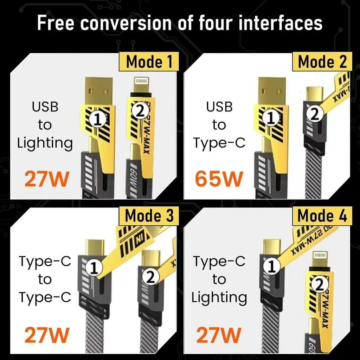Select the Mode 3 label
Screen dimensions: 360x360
pos(149,216)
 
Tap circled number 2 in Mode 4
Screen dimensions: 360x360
pos(319,286)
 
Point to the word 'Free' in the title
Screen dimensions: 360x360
pos(56,23)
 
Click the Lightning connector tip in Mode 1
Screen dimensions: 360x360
pos(142,83)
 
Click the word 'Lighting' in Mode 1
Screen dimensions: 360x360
pos(45,143)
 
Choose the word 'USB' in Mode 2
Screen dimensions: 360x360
pos(219,107)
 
